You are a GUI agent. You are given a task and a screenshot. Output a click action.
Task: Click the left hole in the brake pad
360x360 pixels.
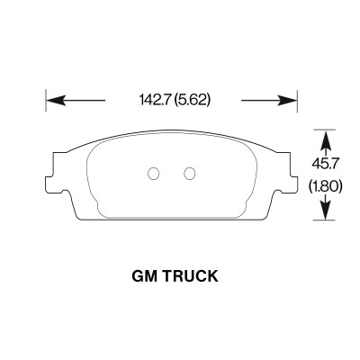click(x=152, y=173)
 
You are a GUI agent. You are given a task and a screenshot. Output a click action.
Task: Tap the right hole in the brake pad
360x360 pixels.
click(x=190, y=173)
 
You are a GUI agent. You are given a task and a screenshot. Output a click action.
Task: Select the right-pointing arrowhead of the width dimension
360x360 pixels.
click(x=292, y=100)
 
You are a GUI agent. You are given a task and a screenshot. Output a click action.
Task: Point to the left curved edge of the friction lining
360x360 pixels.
click(x=89, y=180)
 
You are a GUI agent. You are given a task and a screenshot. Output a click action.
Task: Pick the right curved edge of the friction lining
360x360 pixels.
click(x=254, y=180)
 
